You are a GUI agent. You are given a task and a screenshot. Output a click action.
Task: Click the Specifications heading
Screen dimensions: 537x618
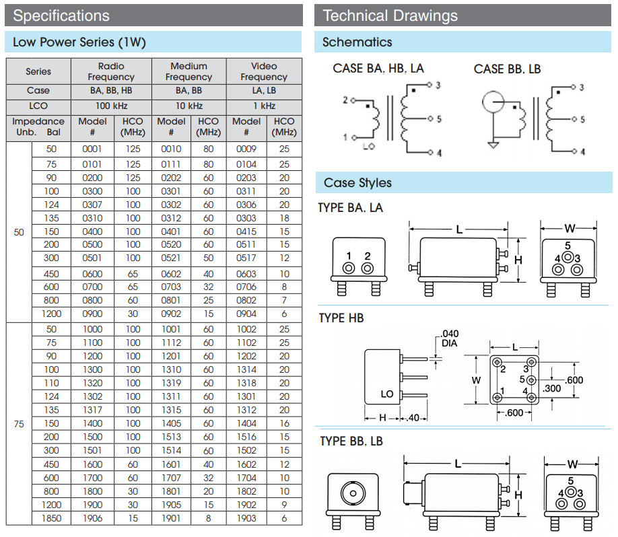tap(61, 15)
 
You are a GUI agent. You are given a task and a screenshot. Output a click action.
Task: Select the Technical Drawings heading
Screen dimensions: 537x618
tap(390, 15)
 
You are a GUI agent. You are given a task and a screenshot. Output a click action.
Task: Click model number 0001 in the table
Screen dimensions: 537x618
tap(92, 149)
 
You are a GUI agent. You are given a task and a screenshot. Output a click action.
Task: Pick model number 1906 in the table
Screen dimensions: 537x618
tap(92, 518)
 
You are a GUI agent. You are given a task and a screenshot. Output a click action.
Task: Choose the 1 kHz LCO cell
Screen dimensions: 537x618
tap(264, 106)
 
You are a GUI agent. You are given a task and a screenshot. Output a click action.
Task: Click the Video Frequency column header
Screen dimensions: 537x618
tap(264, 71)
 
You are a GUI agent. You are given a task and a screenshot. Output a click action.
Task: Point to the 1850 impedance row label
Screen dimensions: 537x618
tap(52, 518)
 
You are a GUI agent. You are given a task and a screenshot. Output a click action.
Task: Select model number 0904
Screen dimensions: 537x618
tap(246, 314)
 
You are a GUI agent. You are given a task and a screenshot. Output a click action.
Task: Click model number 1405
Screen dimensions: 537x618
tap(171, 423)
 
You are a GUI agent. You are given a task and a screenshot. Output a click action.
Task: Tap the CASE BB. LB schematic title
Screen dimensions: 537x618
tap(507, 69)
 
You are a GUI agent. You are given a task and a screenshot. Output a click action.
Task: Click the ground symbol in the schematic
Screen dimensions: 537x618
tap(493, 145)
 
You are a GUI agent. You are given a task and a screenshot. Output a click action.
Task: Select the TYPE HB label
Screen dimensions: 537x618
tap(341, 318)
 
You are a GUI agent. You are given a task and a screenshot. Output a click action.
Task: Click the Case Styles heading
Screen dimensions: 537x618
tap(357, 183)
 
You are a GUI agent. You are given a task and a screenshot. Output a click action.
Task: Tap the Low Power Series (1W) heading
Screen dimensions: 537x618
tap(79, 42)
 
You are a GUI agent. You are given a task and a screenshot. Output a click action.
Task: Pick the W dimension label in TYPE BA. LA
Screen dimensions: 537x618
tap(569, 227)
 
